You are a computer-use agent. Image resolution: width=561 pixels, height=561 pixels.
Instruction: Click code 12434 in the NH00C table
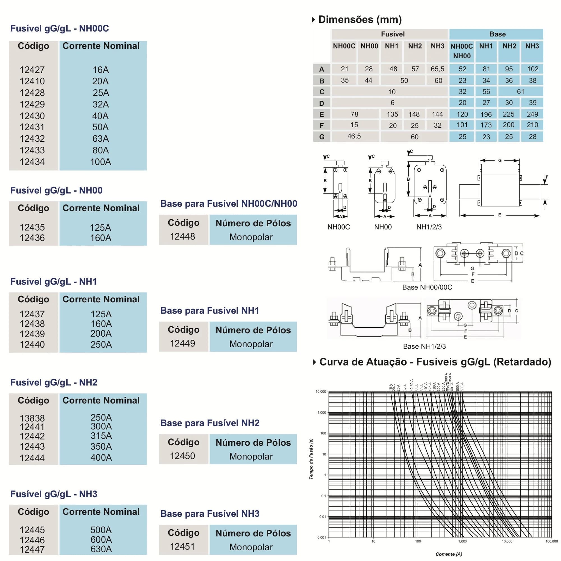point(32,162)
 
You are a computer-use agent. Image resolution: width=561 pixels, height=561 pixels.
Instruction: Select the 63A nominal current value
point(100,139)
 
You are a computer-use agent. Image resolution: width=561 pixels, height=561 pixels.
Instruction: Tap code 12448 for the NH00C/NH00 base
point(182,236)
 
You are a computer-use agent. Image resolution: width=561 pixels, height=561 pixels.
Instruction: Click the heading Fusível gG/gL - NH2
point(54,382)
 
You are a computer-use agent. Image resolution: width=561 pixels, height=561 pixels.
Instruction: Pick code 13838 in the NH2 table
point(32,418)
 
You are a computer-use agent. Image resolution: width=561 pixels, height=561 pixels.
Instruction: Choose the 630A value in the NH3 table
point(101,549)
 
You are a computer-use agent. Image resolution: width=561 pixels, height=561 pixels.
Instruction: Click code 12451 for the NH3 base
point(182,546)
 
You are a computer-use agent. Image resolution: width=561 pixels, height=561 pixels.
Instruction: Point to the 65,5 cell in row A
point(437,69)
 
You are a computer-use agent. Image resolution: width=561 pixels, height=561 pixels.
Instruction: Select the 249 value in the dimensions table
point(532,114)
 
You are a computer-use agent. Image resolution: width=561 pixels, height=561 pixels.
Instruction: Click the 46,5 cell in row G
point(354,136)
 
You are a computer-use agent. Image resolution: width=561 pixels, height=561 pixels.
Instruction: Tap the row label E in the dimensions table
point(321,114)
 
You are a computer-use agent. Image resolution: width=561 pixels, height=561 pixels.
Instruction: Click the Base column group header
point(497,34)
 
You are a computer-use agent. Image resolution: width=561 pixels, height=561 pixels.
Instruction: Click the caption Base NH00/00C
point(427,287)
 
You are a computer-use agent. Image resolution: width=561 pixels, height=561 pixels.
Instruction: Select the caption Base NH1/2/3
point(424,346)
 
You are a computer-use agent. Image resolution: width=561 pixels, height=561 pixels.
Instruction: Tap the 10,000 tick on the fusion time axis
point(321,391)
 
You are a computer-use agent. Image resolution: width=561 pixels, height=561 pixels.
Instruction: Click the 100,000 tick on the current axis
point(551,541)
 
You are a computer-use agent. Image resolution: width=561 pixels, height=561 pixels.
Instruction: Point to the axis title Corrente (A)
point(449,554)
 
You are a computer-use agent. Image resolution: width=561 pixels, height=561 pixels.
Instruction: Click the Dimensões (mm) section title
point(360,19)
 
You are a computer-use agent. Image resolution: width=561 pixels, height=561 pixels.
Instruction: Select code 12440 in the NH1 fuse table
point(32,344)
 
